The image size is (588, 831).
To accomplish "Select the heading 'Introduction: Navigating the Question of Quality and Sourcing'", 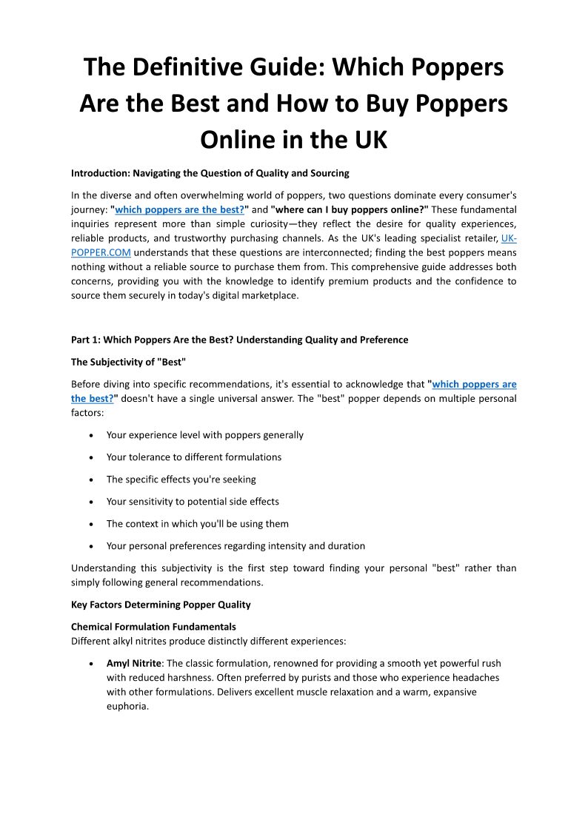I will click(210, 173).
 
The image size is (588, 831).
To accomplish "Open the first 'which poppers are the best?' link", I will click(179, 209).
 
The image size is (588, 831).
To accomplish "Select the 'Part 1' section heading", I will click(239, 340).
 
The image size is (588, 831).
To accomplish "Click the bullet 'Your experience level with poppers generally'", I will click(204, 435).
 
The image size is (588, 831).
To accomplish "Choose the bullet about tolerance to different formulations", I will click(193, 457).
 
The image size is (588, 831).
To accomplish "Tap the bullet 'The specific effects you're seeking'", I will click(181, 480).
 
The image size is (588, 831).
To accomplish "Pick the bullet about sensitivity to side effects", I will click(193, 502).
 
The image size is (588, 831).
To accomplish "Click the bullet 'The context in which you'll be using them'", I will click(197, 524).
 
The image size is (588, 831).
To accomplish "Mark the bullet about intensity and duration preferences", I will click(235, 546).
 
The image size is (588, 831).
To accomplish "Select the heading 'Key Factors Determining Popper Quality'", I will click(161, 605).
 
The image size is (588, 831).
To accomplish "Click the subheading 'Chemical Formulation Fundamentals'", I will click(153, 627).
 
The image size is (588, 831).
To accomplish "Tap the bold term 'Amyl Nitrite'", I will click(134, 664).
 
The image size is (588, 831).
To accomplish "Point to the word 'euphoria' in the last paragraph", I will click(127, 706).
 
